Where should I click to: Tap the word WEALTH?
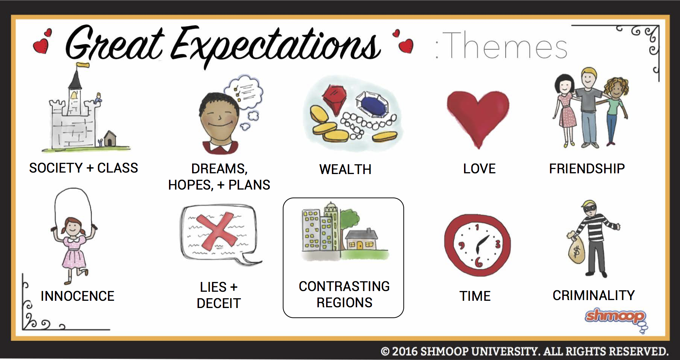pos(345,169)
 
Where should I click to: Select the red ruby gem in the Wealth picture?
pos(334,99)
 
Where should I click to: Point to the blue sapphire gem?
pos(373,104)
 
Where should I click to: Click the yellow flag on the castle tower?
pos(83,65)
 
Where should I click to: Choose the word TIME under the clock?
pos(475,296)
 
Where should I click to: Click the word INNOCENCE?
pos(77,296)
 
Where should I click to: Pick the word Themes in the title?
pos(504,46)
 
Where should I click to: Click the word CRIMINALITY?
pos(594,295)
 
